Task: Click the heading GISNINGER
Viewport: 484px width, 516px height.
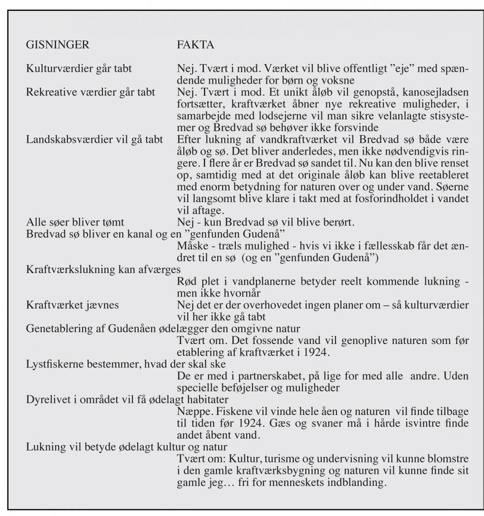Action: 57,45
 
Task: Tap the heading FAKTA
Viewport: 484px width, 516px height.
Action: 195,45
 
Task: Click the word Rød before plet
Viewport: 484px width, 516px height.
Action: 187,282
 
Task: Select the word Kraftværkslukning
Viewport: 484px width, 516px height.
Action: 67,270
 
